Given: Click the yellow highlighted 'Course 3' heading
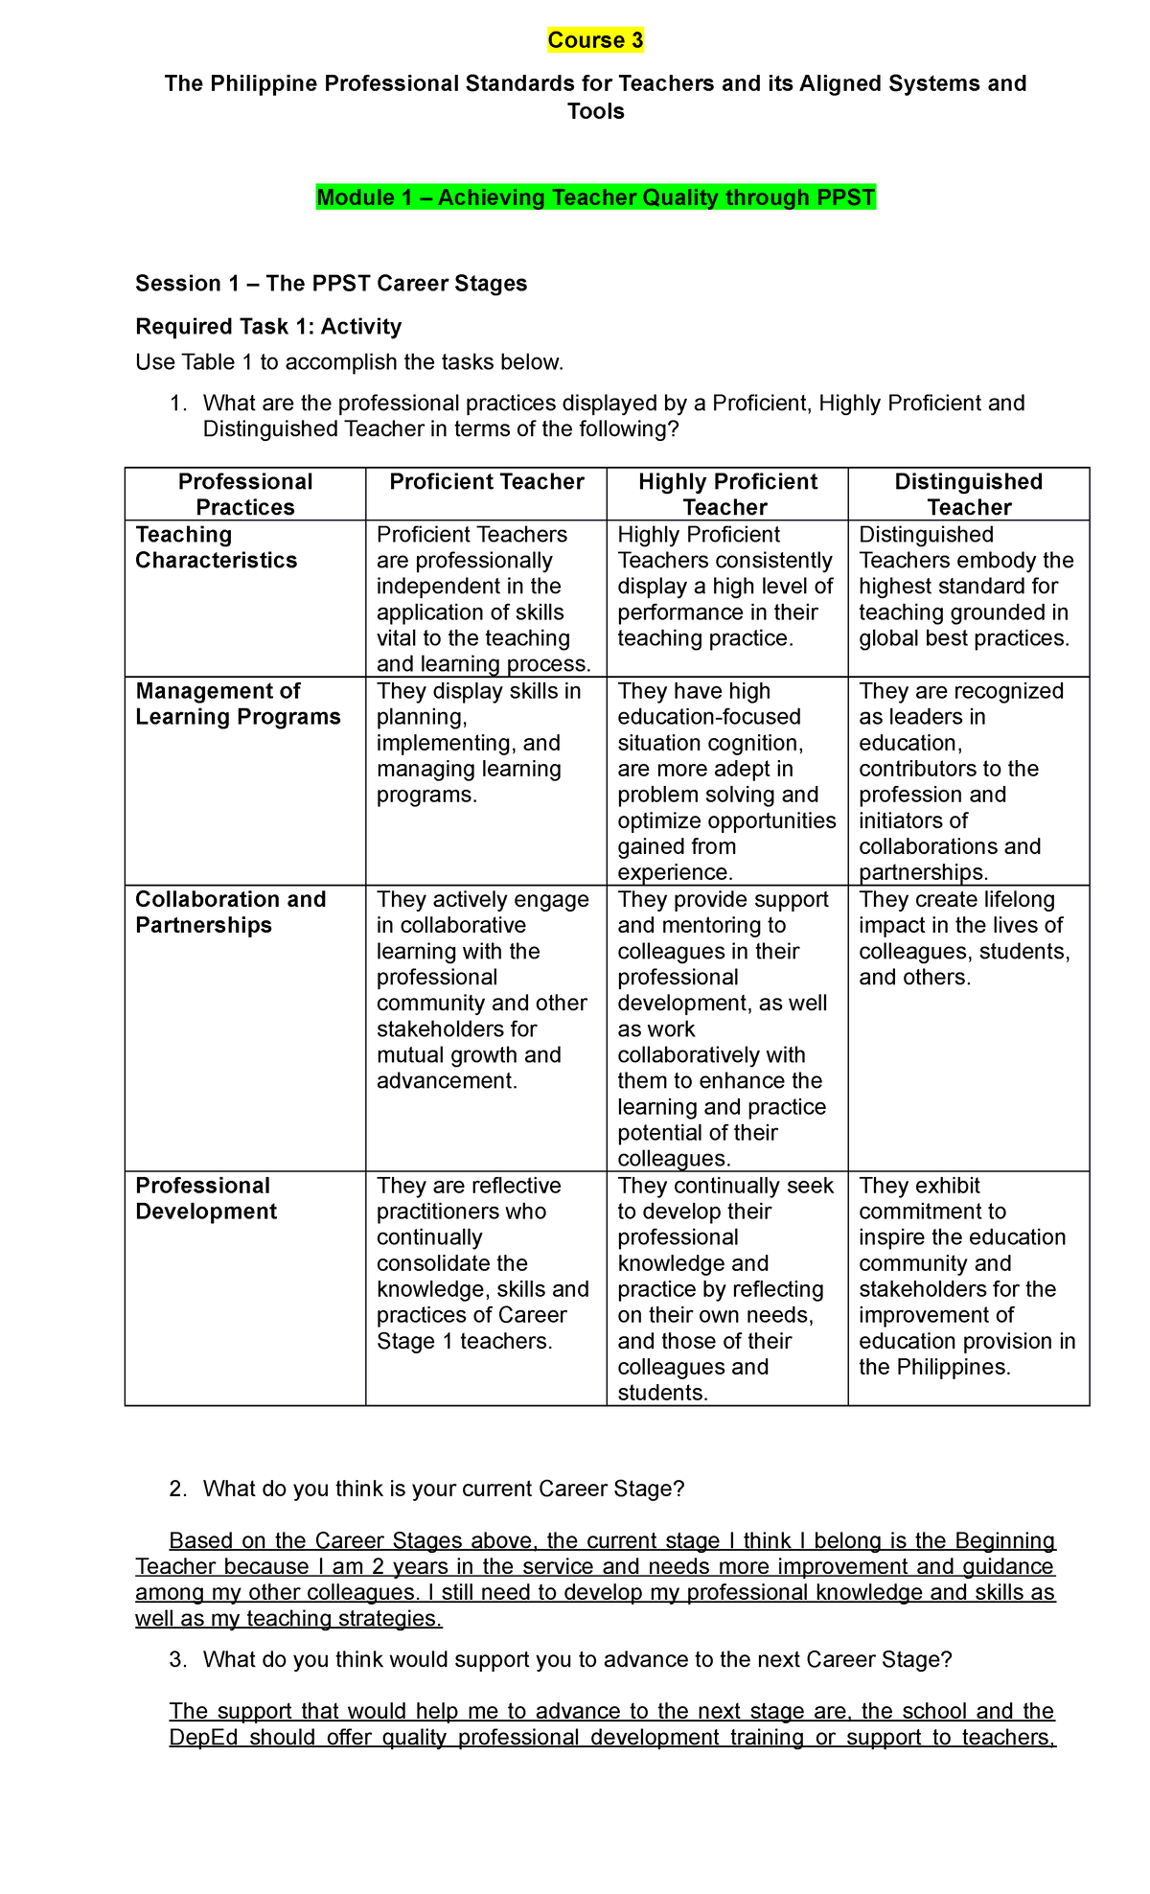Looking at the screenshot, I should [x=595, y=40].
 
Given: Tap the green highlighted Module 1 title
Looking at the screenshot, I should [x=595, y=197].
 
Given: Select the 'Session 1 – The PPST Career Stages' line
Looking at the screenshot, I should [x=331, y=284].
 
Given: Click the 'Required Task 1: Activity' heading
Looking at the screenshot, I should [x=268, y=327].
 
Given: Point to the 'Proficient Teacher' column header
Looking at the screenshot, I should [x=486, y=482].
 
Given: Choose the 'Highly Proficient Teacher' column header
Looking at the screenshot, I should [x=726, y=495].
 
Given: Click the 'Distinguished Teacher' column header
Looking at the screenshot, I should [x=968, y=495].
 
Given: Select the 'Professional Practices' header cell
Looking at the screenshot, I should [x=245, y=495].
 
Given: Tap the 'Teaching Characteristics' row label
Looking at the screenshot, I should [x=217, y=547].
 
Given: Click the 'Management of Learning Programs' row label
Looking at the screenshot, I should [x=238, y=704].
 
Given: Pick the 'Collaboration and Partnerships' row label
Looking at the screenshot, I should [x=230, y=912].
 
